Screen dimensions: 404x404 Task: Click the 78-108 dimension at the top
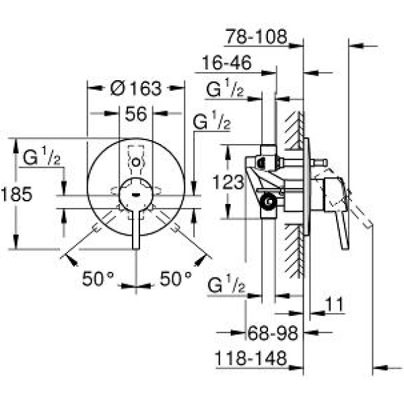click(x=257, y=35)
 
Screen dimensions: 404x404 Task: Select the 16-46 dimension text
click(x=227, y=63)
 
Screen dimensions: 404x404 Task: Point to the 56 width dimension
click(x=135, y=114)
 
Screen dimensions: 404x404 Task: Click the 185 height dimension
click(x=17, y=195)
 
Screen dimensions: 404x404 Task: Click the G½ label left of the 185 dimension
click(x=42, y=158)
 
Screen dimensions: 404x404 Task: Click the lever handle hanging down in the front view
click(x=137, y=229)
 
